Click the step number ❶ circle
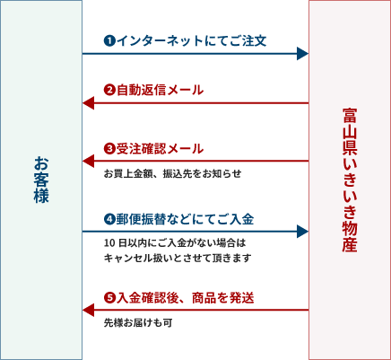click(109, 40)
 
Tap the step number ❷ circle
click(109, 90)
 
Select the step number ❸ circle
click(109, 149)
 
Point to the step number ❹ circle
click(109, 219)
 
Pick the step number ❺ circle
click(109, 298)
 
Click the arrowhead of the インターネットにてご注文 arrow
click(302, 54)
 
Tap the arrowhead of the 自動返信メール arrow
click(88, 103)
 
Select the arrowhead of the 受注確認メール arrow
click(88, 161)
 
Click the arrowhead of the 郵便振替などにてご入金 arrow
click(302, 232)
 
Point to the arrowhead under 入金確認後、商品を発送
click(88, 310)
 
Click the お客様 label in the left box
click(41, 180)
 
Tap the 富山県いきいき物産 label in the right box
click(350, 180)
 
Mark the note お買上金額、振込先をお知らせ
click(172, 173)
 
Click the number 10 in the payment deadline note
click(109, 243)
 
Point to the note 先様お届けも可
click(138, 323)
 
